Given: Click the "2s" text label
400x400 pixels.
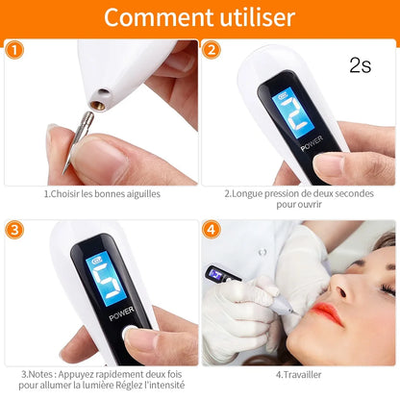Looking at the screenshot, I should (x=360, y=65).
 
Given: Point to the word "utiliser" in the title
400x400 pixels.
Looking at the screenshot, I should (x=254, y=17).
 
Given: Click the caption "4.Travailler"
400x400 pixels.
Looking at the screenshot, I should (x=299, y=374).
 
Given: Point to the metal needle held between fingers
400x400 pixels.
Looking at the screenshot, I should (x=71, y=154).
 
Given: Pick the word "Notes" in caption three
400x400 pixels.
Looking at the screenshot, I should (x=43, y=374).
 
